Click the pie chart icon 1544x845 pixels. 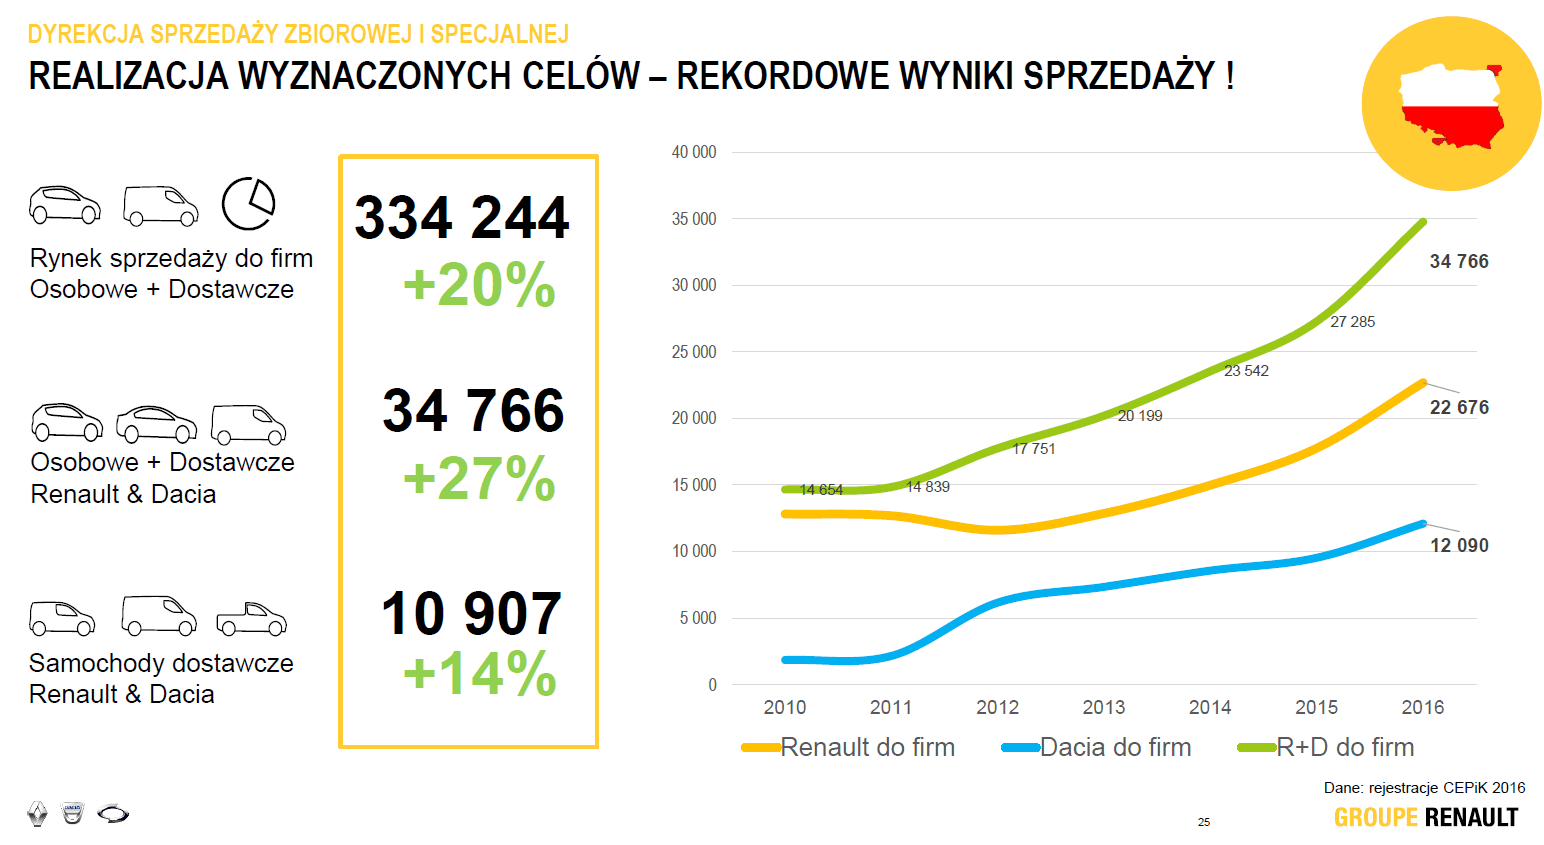tap(248, 204)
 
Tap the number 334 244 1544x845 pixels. tap(462, 218)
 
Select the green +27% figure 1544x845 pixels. tap(479, 478)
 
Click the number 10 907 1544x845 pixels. tap(471, 613)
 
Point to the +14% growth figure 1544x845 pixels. tap(479, 673)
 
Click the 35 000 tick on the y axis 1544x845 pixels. tap(694, 219)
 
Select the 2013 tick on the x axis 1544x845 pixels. tap(1104, 707)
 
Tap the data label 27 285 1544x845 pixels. tap(1352, 322)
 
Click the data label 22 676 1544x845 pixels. tap(1459, 407)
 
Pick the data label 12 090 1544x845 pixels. tap(1459, 545)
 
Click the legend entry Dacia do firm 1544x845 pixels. tap(1115, 747)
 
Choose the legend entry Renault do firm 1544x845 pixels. tap(867, 747)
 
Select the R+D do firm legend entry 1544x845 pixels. tap(1345, 747)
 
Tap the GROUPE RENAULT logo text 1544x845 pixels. tap(1425, 818)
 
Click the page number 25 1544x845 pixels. tap(1204, 822)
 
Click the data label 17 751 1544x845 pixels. tap(1034, 449)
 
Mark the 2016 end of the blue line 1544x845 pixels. tap(1422, 524)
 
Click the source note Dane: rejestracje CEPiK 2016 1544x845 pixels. tap(1424, 788)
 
